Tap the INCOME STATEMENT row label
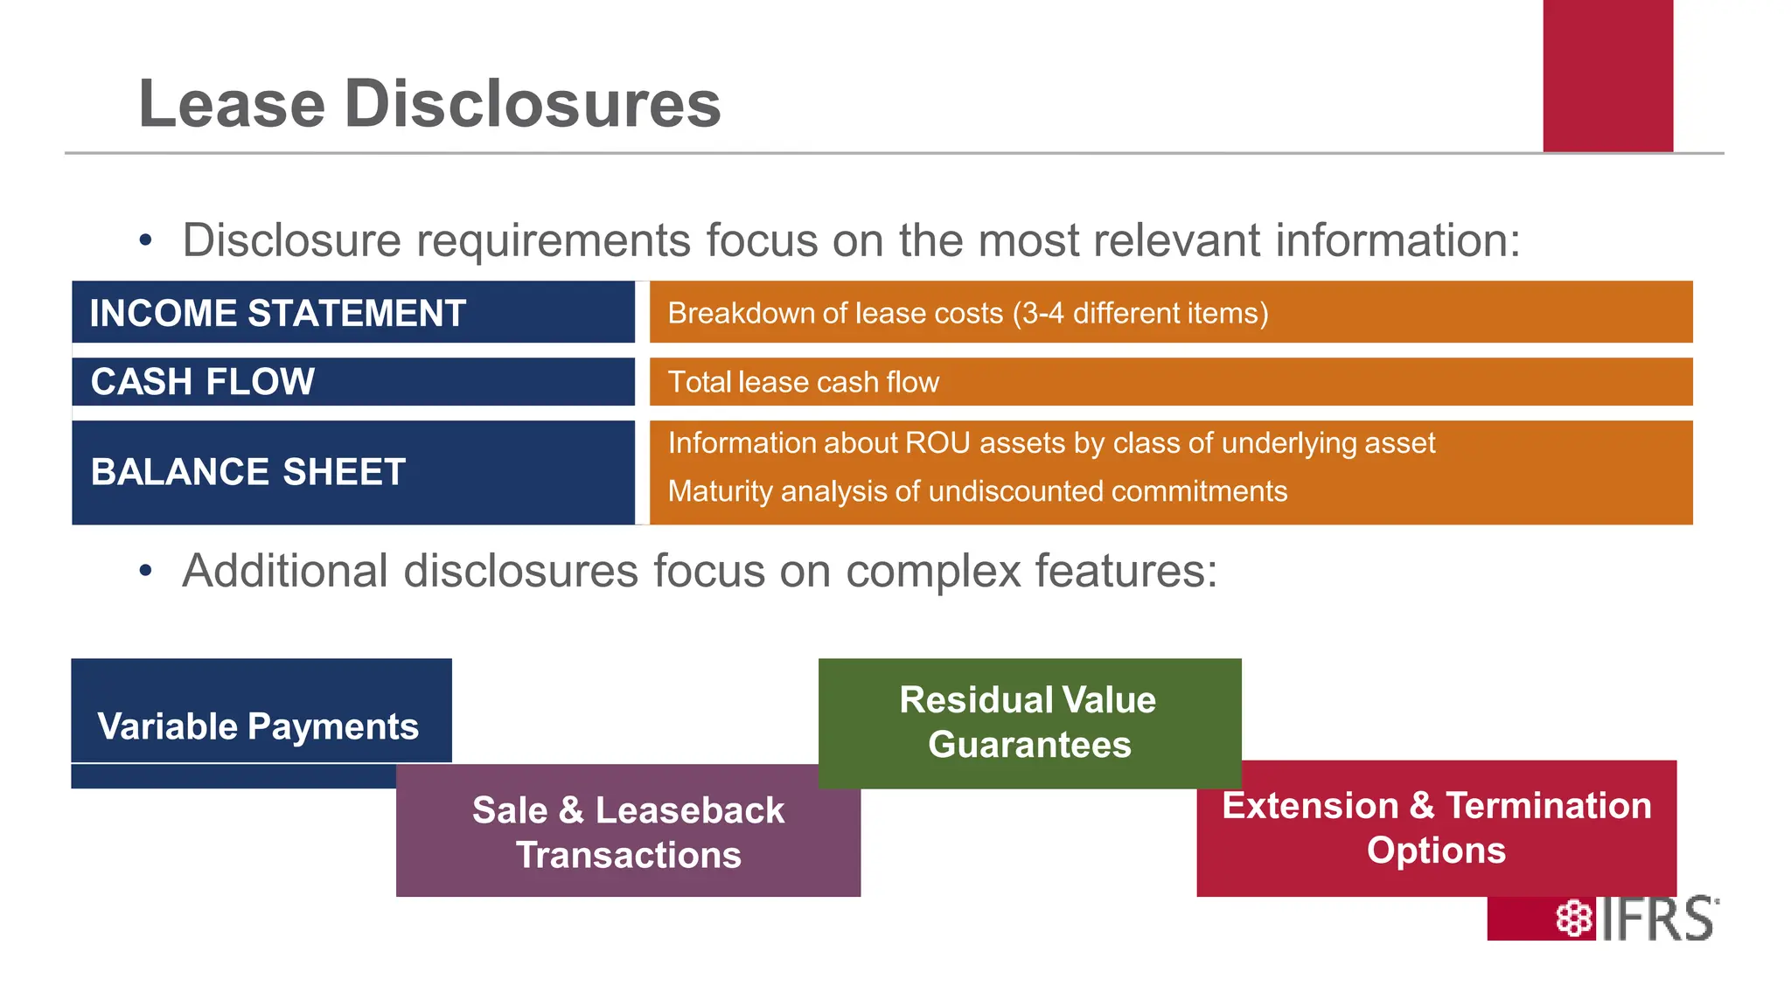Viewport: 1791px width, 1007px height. click(x=277, y=313)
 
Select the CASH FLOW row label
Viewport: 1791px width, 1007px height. click(x=203, y=382)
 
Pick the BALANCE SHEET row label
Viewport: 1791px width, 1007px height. click(x=248, y=472)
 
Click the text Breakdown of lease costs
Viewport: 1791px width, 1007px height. click(x=835, y=313)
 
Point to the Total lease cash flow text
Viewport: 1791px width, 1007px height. click(x=803, y=382)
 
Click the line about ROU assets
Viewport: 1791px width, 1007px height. click(x=1051, y=443)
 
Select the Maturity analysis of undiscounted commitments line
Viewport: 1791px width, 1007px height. click(x=977, y=491)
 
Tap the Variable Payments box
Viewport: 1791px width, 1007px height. click(x=259, y=726)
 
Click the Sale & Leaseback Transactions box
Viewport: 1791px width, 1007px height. click(x=628, y=832)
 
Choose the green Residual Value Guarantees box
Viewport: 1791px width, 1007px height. click(x=1028, y=722)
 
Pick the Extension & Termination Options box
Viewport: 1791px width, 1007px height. click(x=1436, y=827)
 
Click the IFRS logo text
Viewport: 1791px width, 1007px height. click(x=1658, y=918)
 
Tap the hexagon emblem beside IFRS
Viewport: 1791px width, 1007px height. click(x=1575, y=919)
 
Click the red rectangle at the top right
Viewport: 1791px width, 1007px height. click(x=1607, y=75)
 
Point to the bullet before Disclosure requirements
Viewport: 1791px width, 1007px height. click(x=145, y=240)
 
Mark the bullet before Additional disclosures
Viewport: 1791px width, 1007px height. click(x=145, y=572)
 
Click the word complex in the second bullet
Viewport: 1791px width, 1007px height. click(x=933, y=572)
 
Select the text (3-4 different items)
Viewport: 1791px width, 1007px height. click(x=1140, y=313)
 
